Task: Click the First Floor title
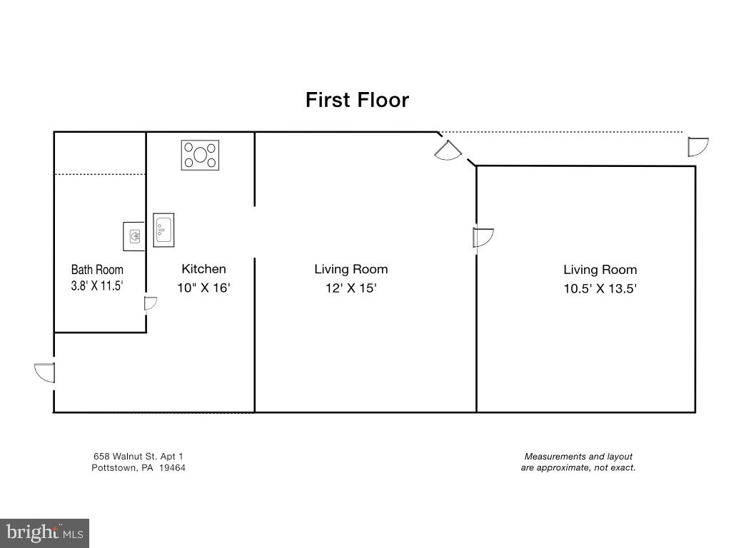[x=357, y=100]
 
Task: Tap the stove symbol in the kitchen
[x=200, y=155]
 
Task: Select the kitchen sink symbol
[x=163, y=230]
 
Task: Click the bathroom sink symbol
[x=134, y=236]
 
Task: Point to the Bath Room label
[x=97, y=269]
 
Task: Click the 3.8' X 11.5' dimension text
[x=97, y=285]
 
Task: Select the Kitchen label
[x=203, y=269]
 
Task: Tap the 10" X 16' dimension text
[x=203, y=288]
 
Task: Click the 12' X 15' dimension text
[x=351, y=288]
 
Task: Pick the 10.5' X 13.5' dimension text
[x=600, y=288]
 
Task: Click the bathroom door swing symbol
[x=151, y=303]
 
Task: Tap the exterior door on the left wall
[x=45, y=372]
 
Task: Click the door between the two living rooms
[x=483, y=238]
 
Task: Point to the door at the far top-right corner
[x=698, y=147]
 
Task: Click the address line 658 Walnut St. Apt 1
[x=138, y=457]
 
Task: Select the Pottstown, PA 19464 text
[x=138, y=468]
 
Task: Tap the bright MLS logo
[x=45, y=532]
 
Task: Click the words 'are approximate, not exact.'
[x=578, y=468]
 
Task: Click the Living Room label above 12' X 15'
[x=351, y=269]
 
